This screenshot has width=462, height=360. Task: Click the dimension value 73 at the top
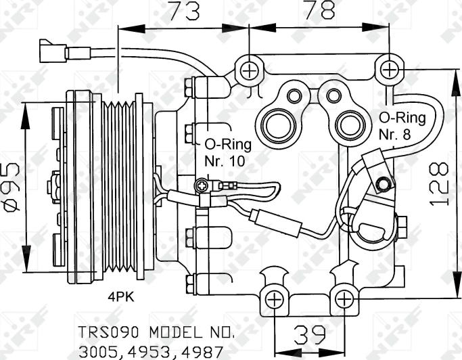click(183, 12)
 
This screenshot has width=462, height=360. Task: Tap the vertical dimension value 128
click(440, 183)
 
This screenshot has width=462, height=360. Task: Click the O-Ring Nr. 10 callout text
click(227, 153)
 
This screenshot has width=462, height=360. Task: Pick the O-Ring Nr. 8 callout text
click(402, 126)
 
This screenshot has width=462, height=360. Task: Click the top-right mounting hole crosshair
click(389, 69)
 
